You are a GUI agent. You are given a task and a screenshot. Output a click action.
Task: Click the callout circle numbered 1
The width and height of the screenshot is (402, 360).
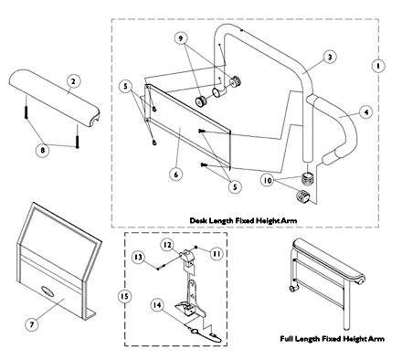point(378,66)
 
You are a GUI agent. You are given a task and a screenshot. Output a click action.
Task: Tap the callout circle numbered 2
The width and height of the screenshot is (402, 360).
point(73,81)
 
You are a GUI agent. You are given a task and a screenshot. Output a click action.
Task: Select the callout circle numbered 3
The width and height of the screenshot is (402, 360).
point(330,57)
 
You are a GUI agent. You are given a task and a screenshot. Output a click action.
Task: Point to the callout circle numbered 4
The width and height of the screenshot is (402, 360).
point(366,112)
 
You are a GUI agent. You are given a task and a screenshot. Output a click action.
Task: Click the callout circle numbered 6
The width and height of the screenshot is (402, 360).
point(176,175)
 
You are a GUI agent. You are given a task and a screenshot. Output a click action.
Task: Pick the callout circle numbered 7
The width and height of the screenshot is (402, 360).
point(32,324)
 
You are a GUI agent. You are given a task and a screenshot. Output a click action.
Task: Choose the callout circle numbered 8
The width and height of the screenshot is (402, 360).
point(43,150)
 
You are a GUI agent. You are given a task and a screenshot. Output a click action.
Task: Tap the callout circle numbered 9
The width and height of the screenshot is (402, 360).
point(181,38)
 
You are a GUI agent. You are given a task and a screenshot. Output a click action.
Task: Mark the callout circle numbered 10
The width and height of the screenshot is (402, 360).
point(268,181)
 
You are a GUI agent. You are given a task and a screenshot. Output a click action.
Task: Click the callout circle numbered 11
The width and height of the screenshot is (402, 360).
point(217,254)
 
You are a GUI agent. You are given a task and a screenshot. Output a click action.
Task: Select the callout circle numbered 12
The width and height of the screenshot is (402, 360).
point(168,245)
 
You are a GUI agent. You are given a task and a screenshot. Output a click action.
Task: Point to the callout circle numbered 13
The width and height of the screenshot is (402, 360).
point(138,258)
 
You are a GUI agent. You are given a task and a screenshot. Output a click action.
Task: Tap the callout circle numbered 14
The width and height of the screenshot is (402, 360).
point(157,305)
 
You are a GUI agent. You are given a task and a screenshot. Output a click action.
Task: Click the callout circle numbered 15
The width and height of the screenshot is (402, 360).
point(124,296)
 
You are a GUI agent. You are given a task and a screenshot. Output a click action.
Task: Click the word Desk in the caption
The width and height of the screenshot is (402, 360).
point(198,220)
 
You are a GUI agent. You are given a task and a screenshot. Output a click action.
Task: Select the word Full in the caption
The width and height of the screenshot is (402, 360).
point(286,339)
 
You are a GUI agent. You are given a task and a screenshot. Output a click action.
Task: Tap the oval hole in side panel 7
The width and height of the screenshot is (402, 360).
point(48,291)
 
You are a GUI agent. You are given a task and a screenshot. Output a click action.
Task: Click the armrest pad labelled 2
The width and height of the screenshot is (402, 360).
point(55,98)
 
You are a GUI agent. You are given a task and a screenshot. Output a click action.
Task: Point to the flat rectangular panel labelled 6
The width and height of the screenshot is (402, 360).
point(188,125)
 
